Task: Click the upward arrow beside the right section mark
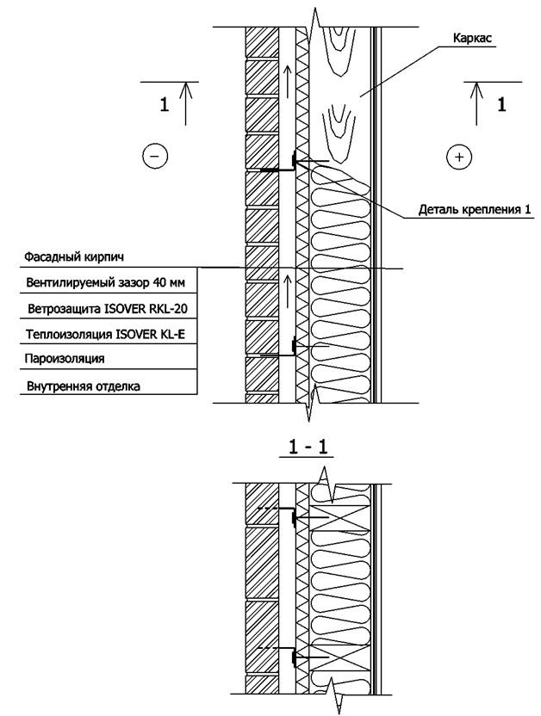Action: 477,102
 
